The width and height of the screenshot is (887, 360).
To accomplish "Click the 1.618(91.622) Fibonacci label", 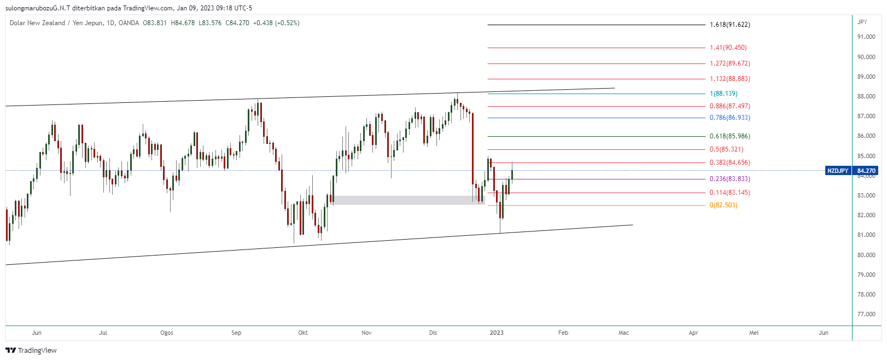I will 730,25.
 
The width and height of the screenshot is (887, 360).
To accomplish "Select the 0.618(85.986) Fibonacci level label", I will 730,136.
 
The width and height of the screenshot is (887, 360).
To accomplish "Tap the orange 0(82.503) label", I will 723,205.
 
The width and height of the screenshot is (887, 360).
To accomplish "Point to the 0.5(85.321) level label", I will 726,149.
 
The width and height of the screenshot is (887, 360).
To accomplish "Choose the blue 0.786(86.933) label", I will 730,118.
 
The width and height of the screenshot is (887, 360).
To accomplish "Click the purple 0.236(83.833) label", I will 730,179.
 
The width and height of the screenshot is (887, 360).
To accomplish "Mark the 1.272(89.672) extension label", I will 730,63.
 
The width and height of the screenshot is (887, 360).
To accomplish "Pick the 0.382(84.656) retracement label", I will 730,162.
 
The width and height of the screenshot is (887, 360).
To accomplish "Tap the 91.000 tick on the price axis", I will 866,37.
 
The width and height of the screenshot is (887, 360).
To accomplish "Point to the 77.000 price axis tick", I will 866,315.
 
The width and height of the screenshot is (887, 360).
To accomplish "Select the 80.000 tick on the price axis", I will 866,255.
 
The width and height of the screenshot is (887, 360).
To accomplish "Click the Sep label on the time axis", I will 236,333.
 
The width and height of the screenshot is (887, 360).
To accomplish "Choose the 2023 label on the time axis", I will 497,333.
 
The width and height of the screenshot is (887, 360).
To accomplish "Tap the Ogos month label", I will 167,333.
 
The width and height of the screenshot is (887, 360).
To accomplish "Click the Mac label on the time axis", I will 623,333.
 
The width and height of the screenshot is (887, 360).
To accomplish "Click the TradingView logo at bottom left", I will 31,350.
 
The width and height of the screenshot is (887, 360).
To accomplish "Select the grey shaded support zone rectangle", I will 407,200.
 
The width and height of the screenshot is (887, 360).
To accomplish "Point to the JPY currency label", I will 862,22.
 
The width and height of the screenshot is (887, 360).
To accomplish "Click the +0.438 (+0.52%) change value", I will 276,23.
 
